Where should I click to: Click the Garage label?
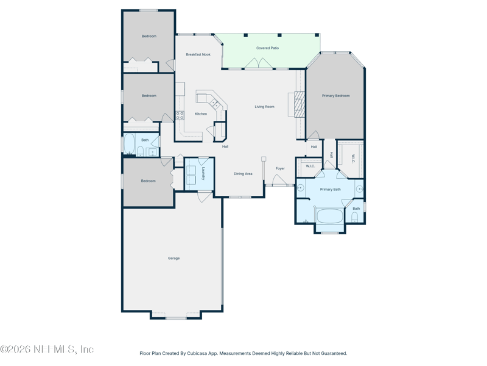[x=173, y=258]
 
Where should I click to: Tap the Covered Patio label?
[x=267, y=48]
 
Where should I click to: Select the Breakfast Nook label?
[x=198, y=54]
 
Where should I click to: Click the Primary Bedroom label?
[x=336, y=96]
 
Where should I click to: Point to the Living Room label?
[x=265, y=106]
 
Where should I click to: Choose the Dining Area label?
[x=243, y=174]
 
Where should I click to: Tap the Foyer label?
[x=280, y=168]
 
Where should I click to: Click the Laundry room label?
[x=203, y=174]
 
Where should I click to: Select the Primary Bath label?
[x=330, y=189]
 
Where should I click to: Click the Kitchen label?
[x=201, y=114]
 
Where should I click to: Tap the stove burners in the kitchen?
[x=180, y=115]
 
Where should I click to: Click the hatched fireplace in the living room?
[x=300, y=104]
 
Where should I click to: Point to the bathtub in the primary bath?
[x=329, y=216]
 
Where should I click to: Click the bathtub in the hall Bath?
[x=129, y=143]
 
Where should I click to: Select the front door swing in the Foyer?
[x=279, y=179]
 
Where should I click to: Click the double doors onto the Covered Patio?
[x=259, y=63]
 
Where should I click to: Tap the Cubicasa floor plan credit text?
[x=243, y=353]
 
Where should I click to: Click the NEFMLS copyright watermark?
[x=47, y=349]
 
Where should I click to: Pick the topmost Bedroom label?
[x=149, y=36]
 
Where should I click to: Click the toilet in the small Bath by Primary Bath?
[x=355, y=218]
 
